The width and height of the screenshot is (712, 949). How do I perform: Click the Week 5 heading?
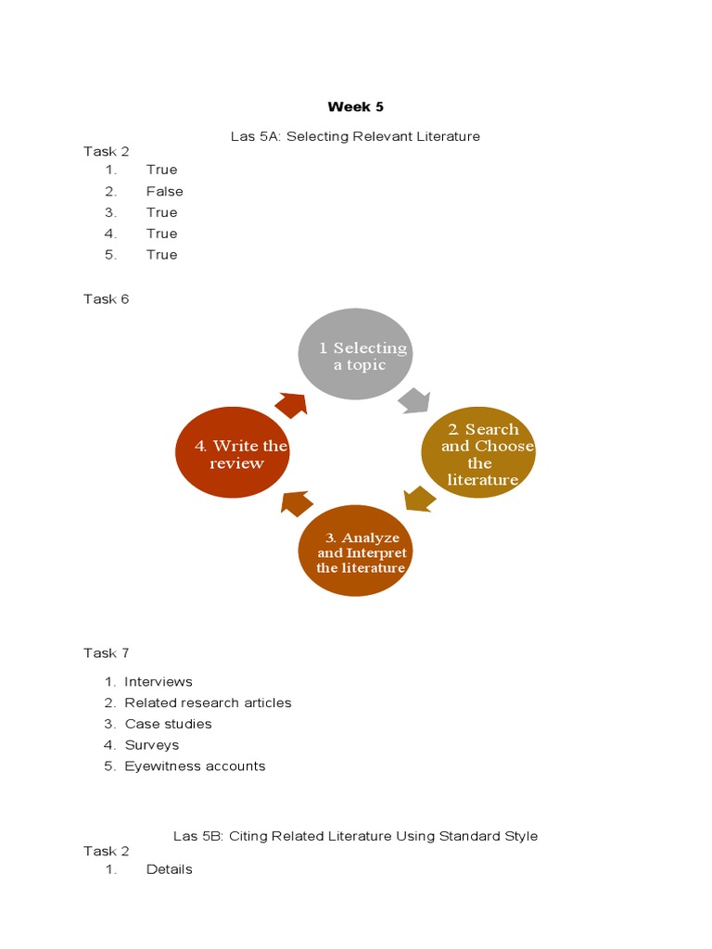[x=356, y=107]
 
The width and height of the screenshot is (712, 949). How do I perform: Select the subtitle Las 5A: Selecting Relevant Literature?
[x=355, y=136]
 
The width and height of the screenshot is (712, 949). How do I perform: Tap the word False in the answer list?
[x=164, y=191]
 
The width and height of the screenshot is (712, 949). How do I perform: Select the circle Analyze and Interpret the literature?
[x=355, y=550]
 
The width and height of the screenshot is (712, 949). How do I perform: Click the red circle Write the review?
[x=233, y=452]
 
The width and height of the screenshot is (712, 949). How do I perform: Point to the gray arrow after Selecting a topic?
[x=413, y=400]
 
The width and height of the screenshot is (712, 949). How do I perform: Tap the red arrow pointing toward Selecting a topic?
[x=291, y=405]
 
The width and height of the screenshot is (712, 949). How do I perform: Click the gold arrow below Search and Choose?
[x=420, y=500]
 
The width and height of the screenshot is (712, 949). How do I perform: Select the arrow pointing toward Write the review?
[x=297, y=503]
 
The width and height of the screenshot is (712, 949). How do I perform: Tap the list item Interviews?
[x=159, y=681]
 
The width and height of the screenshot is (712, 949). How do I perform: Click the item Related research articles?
[x=208, y=702]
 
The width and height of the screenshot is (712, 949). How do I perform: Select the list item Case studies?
[x=168, y=724]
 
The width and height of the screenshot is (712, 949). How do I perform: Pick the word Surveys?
[x=152, y=745]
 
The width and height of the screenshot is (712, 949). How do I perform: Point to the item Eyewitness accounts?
[x=195, y=766]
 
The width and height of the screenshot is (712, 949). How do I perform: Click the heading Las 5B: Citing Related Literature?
[x=355, y=836]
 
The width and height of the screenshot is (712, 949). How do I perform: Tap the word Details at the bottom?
[x=169, y=869]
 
